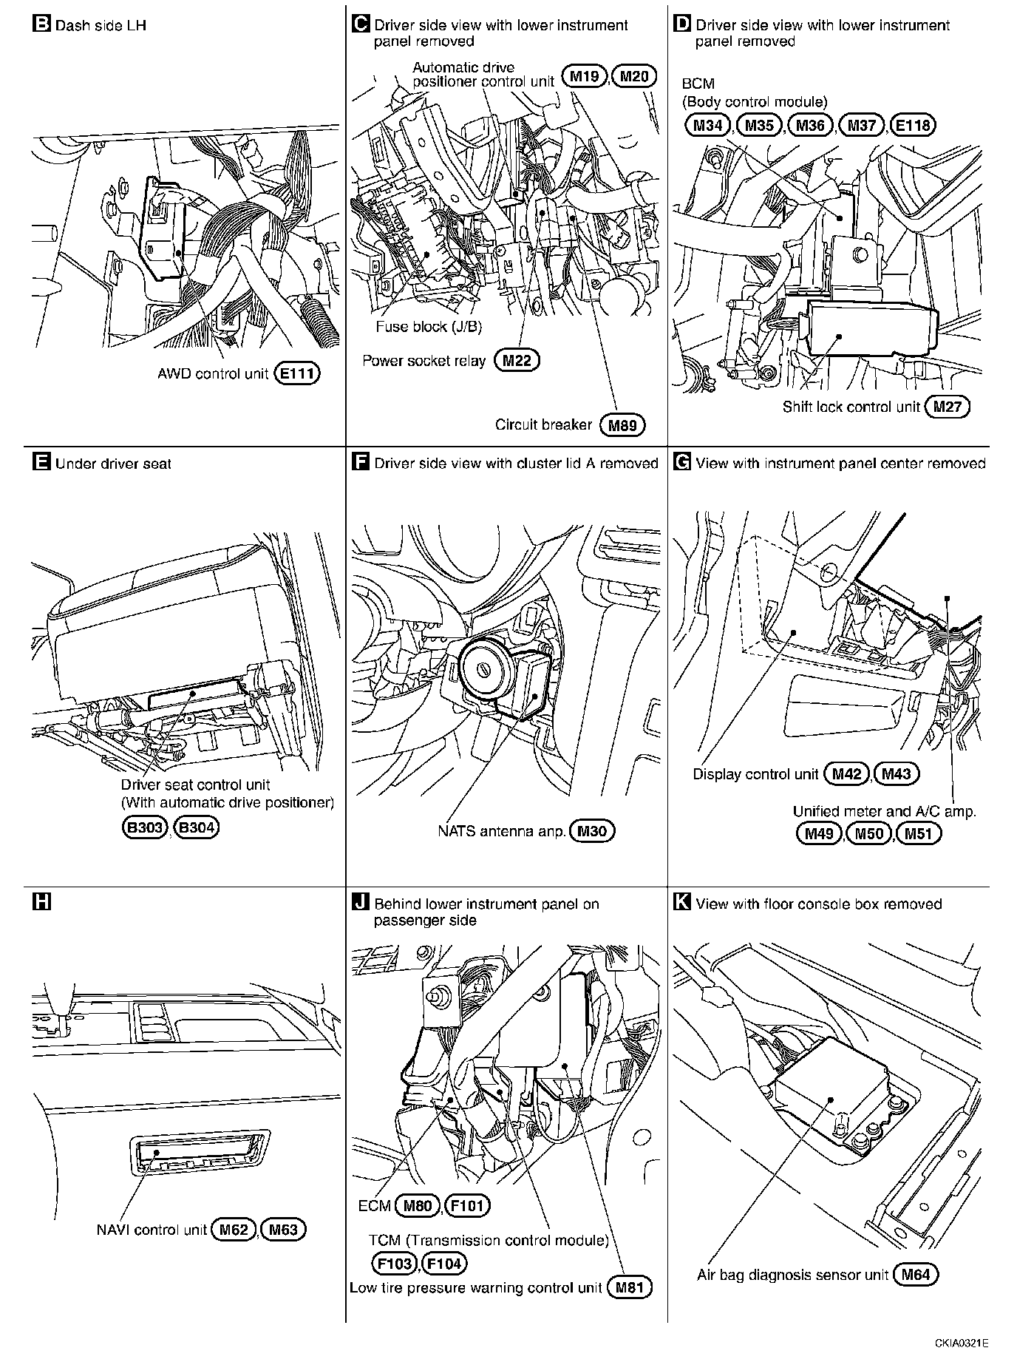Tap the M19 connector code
584,76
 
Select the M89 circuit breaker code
622,425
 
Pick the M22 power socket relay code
517,361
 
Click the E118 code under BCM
913,125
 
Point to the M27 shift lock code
948,407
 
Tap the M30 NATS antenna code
592,831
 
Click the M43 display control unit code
896,774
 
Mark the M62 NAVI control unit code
234,1230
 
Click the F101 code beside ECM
468,1206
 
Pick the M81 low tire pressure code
630,1288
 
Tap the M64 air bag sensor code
915,1275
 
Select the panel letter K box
682,903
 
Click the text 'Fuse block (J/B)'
429,327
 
